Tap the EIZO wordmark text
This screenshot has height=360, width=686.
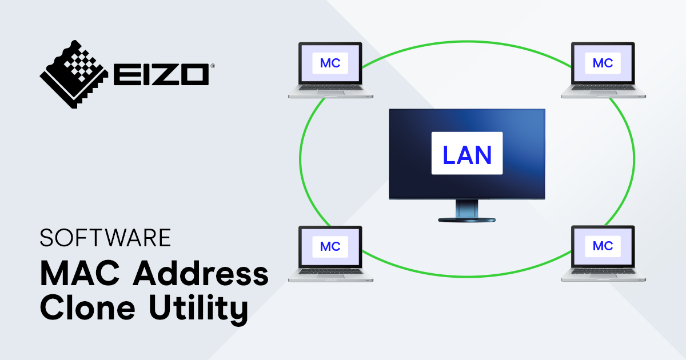pyautogui.click(x=161, y=75)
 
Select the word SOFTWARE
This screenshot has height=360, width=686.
pyautogui.click(x=105, y=238)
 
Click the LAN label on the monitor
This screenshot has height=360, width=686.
pyautogui.click(x=466, y=154)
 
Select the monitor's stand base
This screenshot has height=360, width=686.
pyautogui.click(x=466, y=219)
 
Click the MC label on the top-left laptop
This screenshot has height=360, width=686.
pyautogui.click(x=330, y=63)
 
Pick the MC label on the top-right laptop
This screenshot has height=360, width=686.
pyautogui.click(x=603, y=63)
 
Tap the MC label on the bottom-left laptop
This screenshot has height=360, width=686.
pyautogui.click(x=330, y=246)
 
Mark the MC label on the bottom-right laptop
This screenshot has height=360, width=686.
pyautogui.click(x=603, y=246)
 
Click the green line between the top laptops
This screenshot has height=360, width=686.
pyautogui.click(x=466, y=41)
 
